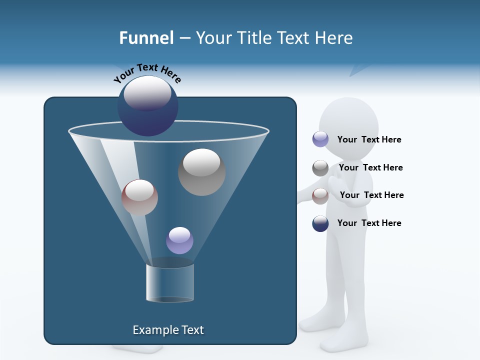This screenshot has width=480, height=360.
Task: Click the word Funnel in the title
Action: [x=146, y=38]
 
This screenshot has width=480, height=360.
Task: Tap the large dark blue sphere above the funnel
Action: [x=147, y=106]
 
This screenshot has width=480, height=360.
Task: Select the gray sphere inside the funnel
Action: [x=201, y=172]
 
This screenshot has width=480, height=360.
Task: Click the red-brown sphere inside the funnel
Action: [x=139, y=197]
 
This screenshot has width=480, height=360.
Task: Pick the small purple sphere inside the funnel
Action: [x=179, y=240]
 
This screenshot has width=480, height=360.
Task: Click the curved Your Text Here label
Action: [x=147, y=72]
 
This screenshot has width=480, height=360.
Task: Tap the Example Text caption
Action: [x=168, y=330]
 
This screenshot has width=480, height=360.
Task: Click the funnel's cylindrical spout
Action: [x=170, y=282]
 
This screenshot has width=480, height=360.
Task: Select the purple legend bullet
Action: [x=320, y=139]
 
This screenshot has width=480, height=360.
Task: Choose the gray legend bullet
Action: [x=320, y=168]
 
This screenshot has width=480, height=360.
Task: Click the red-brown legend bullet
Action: [x=320, y=196]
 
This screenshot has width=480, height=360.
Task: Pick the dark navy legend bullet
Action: [x=320, y=223]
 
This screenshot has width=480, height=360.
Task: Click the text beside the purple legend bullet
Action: [x=369, y=139]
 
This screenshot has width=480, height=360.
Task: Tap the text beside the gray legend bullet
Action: [x=370, y=167]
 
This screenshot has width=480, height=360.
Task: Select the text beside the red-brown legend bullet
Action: [x=371, y=195]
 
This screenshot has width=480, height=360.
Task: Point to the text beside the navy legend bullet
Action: [x=369, y=223]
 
